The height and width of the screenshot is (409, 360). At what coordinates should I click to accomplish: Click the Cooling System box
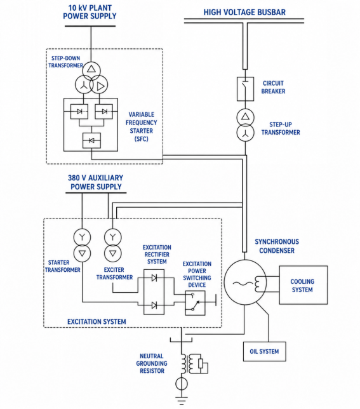coord(303,285)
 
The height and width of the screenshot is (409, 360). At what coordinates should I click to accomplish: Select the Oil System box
coord(264,351)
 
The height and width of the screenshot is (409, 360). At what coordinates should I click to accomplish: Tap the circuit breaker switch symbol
coord(245,89)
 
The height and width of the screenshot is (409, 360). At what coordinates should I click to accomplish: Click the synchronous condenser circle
coord(245,282)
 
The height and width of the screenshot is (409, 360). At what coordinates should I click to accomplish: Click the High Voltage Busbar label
coord(244,12)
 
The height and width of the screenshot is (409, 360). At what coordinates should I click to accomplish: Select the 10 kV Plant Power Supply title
coord(90,12)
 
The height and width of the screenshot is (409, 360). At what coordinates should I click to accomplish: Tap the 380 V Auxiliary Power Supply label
coord(96,182)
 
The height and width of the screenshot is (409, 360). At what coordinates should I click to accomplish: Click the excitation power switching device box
coord(195,303)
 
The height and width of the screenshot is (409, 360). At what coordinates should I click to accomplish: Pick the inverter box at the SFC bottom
coord(91,140)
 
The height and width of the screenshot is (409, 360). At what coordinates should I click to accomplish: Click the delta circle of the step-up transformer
coord(245,117)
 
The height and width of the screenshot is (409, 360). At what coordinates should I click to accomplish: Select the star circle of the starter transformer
coord(82,237)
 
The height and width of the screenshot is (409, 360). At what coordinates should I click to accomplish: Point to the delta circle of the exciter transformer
coord(112,253)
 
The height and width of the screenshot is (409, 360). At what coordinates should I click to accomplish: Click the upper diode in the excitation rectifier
coord(154,278)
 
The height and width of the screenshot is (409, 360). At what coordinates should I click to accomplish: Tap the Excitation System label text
coord(97,321)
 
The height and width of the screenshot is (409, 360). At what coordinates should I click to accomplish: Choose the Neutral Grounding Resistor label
coord(152,363)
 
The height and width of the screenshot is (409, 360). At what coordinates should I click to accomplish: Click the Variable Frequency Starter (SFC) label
coord(142,126)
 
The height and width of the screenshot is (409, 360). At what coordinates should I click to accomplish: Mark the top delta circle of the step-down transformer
coord(91,70)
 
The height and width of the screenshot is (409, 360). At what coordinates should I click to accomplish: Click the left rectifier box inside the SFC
coord(79,111)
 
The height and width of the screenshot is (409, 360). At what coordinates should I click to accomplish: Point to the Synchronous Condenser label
coord(277,246)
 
